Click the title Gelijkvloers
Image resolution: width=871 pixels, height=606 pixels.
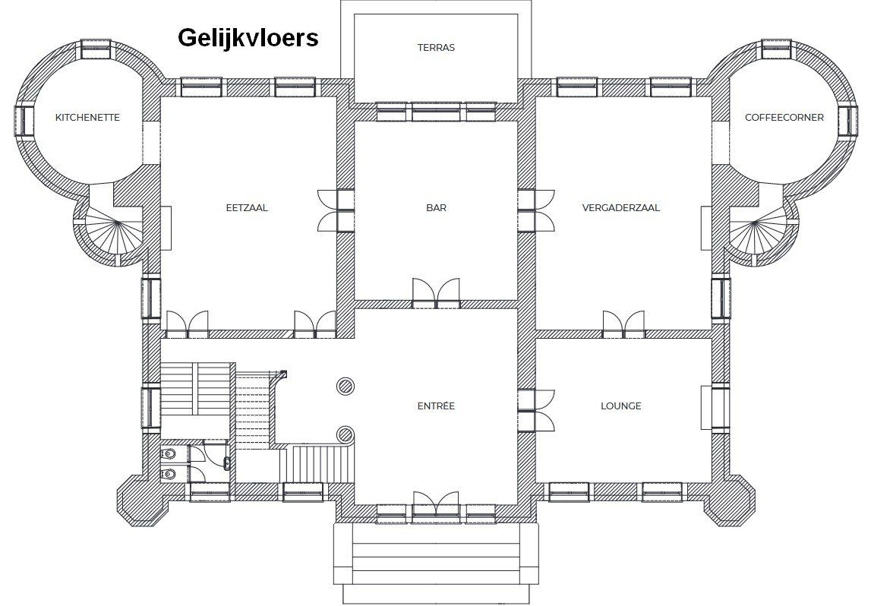tap(248, 38)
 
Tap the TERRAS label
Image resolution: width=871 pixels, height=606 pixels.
tap(436, 48)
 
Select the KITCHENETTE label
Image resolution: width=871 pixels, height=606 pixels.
tap(88, 118)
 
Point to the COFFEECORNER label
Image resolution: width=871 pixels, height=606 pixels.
tap(784, 118)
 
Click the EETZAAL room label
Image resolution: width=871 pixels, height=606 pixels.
tap(247, 208)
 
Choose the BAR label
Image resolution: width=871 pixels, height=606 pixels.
tap(436, 208)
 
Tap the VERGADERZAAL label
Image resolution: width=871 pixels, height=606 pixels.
tap(621, 208)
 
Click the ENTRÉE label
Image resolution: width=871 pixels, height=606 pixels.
tap(436, 406)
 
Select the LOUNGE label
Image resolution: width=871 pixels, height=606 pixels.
tap(621, 406)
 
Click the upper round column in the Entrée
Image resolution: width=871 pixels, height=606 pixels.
tap(345, 386)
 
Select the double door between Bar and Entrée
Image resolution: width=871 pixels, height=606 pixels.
tap(436, 292)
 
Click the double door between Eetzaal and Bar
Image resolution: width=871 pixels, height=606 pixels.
tap(336, 210)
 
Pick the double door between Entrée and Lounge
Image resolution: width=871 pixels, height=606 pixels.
tap(536, 410)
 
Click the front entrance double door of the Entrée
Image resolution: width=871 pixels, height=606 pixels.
tap(436, 507)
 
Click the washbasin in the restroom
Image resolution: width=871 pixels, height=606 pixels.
tap(226, 462)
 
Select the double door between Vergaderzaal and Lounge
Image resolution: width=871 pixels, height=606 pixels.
tap(624, 324)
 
